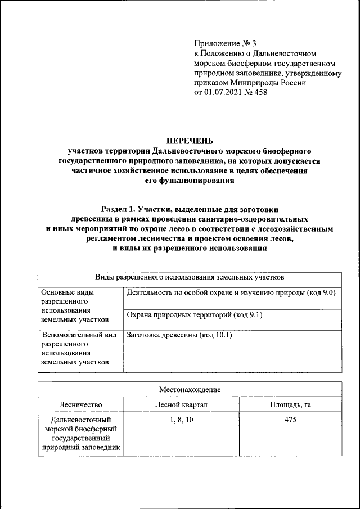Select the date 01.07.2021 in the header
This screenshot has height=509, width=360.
pos(222,92)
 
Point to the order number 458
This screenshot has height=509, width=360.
pos(260,92)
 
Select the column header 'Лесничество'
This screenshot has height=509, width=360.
pos(80,404)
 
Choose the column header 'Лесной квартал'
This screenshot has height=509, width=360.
pos(181,404)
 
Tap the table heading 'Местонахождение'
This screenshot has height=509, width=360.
pos(189,389)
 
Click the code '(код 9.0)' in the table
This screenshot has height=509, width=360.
pos(320,292)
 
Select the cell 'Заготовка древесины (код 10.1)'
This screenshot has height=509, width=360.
pos(179,335)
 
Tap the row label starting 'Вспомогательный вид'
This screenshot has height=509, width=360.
pos(79,335)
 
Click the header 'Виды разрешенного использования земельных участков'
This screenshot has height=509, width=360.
pos(189,277)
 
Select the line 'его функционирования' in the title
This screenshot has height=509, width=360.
pos(189,181)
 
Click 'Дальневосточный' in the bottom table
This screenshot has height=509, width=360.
pos(80,420)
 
